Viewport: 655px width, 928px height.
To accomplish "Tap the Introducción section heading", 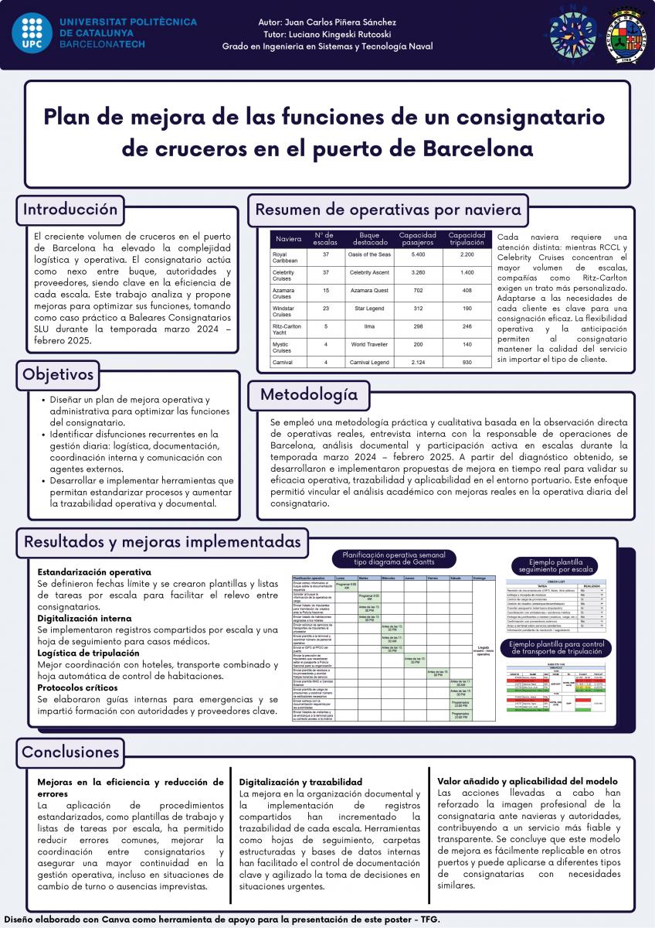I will tap(70, 210).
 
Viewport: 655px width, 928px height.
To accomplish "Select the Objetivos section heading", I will tap(59, 375).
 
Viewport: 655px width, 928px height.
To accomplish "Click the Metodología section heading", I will tap(309, 394).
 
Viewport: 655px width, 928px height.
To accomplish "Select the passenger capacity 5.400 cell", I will tap(418, 254).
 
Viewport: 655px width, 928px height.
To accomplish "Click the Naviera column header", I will tap(288, 238).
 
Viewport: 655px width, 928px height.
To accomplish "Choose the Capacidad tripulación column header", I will tap(467, 238).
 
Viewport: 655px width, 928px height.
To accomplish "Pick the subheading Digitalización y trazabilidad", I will tap(301, 782).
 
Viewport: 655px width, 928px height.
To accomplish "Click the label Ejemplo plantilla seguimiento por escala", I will tap(562, 566).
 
